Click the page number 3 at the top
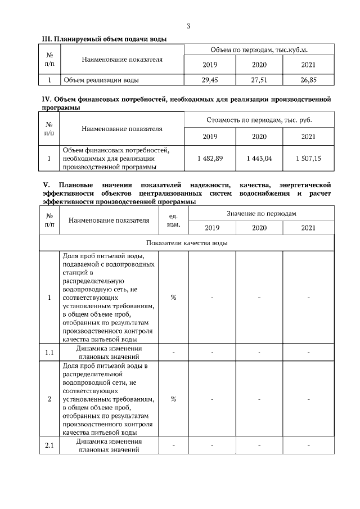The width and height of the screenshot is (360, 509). click(x=188, y=26)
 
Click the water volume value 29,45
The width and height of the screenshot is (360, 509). click(x=210, y=80)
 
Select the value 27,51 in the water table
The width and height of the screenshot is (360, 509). click(x=259, y=80)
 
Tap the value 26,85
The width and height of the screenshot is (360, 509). click(x=308, y=80)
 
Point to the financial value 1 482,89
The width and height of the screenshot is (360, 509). click(x=210, y=159)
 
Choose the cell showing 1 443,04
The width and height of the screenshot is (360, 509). click(x=259, y=159)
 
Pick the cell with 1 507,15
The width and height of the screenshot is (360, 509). click(x=308, y=159)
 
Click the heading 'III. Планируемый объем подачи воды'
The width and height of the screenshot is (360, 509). click(x=105, y=39)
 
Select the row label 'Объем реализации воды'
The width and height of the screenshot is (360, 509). click(x=101, y=80)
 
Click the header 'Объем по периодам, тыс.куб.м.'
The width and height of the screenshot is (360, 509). click(x=259, y=51)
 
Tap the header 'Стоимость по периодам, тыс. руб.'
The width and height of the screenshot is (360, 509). click(x=259, y=120)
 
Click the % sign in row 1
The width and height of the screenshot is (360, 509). click(x=173, y=297)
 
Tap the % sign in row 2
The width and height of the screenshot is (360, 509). click(x=173, y=399)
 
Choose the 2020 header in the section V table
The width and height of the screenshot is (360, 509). click(x=259, y=228)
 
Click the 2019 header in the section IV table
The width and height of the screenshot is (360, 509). click(x=210, y=137)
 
